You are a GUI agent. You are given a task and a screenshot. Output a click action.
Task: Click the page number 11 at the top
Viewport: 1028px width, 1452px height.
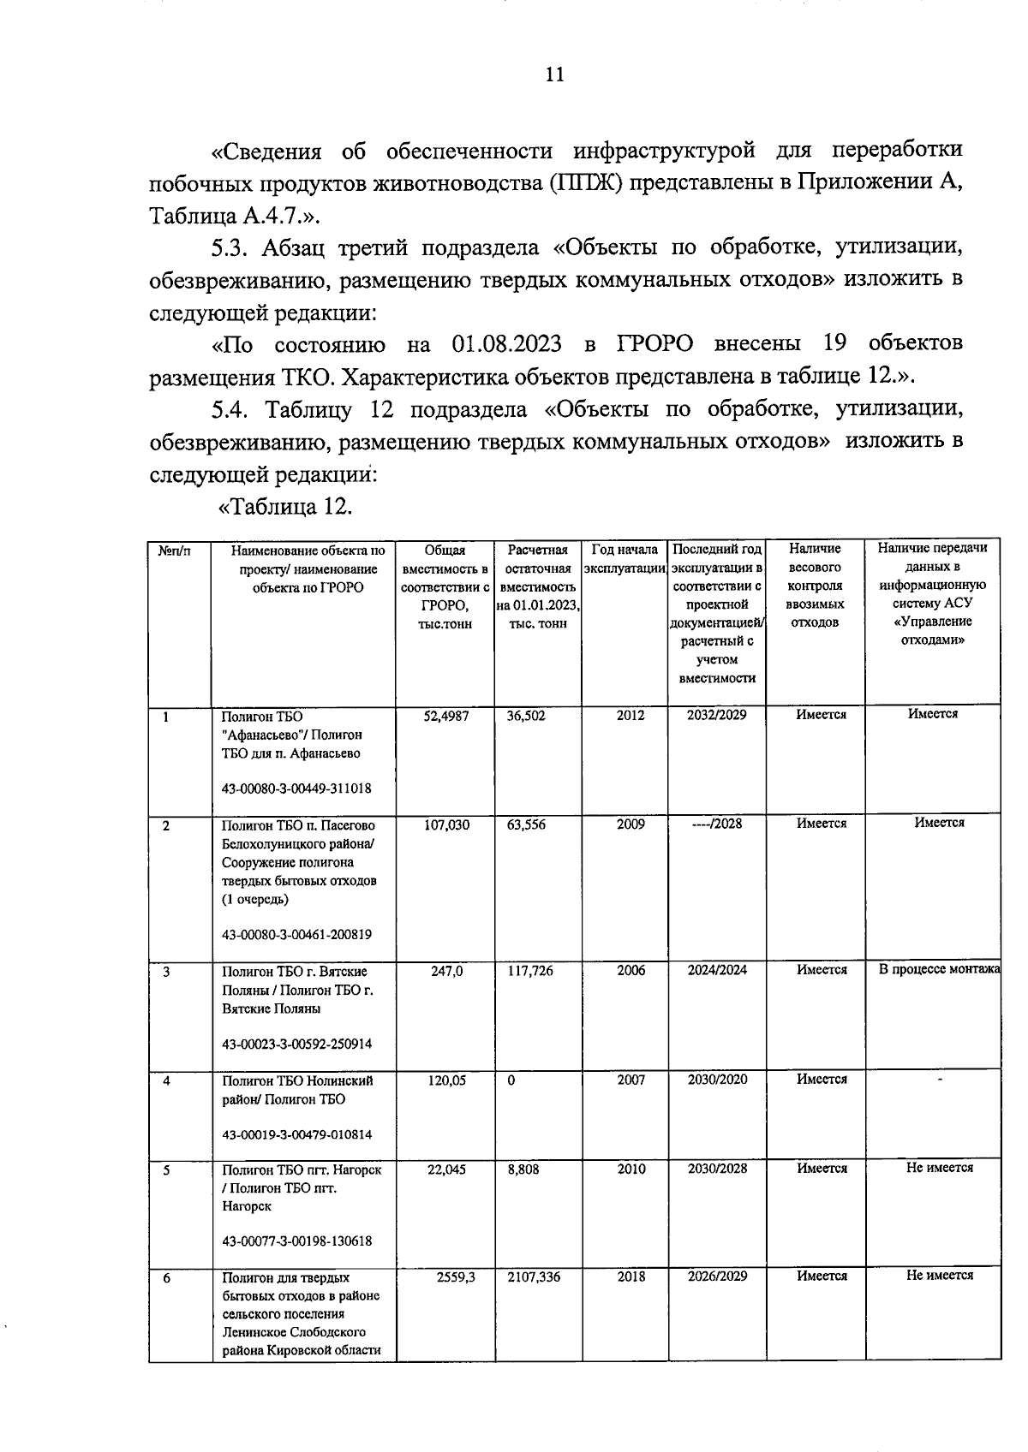(x=554, y=74)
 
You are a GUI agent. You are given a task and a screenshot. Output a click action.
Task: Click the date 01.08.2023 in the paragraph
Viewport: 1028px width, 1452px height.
(x=505, y=344)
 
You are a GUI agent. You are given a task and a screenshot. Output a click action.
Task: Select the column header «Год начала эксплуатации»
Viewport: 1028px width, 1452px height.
(x=624, y=558)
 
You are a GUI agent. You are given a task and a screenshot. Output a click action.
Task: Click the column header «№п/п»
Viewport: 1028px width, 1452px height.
(x=174, y=550)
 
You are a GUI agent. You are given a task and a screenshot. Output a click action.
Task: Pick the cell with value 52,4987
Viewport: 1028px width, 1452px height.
(x=445, y=715)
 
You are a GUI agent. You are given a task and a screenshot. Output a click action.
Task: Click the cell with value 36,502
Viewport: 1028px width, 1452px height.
(x=525, y=715)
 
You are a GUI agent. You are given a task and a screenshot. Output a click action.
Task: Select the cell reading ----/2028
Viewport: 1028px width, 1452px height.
(x=716, y=824)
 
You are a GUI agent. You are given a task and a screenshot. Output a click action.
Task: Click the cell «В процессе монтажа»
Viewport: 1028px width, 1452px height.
(x=939, y=969)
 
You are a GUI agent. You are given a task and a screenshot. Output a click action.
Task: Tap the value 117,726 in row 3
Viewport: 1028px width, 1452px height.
(x=530, y=971)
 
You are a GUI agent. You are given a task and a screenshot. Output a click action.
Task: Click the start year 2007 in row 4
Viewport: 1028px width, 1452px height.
(x=631, y=1080)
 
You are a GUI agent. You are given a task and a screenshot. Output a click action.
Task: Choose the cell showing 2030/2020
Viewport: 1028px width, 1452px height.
(x=717, y=1080)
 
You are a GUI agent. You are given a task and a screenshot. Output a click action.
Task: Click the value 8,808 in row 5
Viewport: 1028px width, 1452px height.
(x=523, y=1169)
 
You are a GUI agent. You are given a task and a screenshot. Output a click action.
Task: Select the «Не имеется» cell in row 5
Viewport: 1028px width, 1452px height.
(x=939, y=1168)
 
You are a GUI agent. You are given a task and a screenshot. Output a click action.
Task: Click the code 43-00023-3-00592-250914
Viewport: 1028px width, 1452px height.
(x=296, y=1044)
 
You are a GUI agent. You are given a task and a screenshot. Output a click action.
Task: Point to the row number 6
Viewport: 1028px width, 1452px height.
(x=166, y=1278)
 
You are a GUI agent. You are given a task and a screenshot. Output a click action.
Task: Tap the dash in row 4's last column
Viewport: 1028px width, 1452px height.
(x=940, y=1080)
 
